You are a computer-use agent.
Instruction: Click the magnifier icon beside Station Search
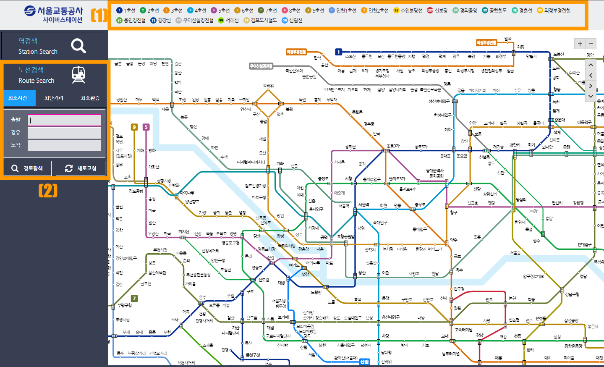point(78,45)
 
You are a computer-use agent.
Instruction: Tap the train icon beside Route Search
point(78,75)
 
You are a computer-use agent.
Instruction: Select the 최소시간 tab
point(18,98)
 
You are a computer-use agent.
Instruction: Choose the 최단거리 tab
point(54,98)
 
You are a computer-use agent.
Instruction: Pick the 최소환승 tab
point(90,98)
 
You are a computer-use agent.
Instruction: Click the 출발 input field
point(64,120)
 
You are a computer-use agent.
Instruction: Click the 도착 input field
point(64,145)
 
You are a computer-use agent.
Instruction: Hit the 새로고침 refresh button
point(81,168)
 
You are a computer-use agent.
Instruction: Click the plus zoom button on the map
point(580,43)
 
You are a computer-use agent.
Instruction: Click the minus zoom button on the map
point(591,43)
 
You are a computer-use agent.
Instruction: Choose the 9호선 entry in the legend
point(315,10)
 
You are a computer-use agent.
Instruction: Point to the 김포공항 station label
point(136,191)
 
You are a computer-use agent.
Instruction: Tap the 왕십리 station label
point(521,199)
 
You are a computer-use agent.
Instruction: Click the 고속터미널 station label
point(463,330)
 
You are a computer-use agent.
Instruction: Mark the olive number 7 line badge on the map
point(134,299)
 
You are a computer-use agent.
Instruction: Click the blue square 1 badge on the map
point(339,52)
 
